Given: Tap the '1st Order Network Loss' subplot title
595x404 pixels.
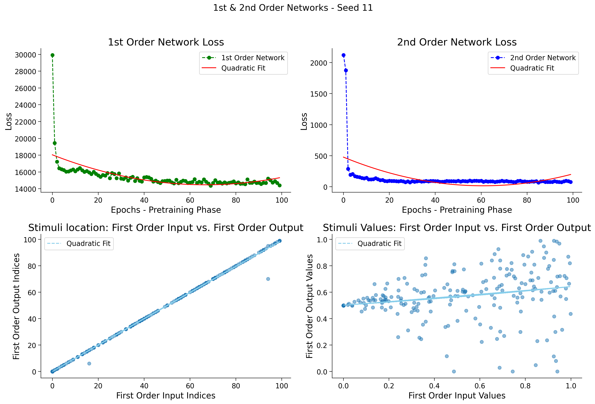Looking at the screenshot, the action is [166, 42].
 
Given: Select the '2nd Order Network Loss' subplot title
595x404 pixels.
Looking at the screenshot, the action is [457, 42].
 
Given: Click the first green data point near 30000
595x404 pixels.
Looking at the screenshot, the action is [52, 55].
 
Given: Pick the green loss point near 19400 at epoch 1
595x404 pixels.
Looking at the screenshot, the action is [55, 143].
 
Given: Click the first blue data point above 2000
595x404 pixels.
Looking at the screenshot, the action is [344, 55].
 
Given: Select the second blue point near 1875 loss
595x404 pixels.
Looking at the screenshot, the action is [346, 71].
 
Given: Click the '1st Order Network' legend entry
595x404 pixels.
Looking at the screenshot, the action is [253, 58].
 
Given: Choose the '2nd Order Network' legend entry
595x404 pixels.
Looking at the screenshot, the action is [543, 58].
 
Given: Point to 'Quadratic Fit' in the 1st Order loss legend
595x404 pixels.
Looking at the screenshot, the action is [243, 68].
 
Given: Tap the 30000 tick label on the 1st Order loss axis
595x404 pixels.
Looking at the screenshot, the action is [26, 55].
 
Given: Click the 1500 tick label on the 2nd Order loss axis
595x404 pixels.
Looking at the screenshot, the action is [318, 94].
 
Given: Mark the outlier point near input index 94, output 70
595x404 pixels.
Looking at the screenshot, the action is [268, 279].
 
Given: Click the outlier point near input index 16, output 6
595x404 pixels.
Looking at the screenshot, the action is [89, 363].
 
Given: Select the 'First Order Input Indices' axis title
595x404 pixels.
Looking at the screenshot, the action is [166, 395].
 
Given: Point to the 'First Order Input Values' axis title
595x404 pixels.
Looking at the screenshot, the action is [457, 395].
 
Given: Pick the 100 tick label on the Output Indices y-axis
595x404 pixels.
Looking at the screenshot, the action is [30, 240].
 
